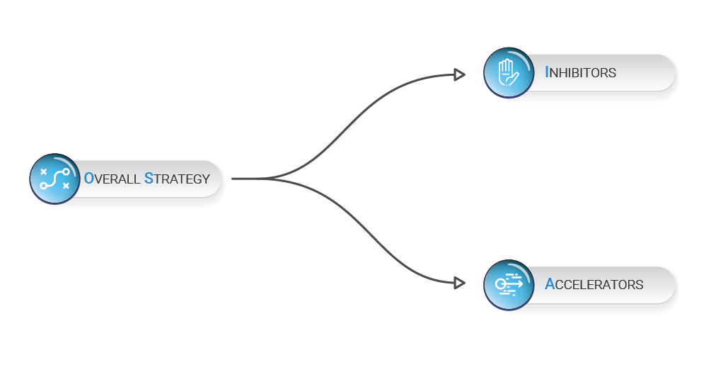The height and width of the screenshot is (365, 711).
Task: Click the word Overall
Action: [112, 179]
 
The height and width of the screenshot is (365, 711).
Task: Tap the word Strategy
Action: [177, 179]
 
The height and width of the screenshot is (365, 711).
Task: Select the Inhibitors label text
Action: [580, 72]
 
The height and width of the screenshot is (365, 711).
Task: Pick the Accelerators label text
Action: [594, 284]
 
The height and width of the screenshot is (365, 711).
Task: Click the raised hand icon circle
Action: [508, 72]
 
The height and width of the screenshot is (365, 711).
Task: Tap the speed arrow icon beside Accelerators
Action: [508, 285]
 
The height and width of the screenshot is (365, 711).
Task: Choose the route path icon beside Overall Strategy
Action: [55, 179]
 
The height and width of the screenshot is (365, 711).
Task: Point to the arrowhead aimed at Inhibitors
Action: [459, 74]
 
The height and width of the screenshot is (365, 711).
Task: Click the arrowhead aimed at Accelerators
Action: [459, 283]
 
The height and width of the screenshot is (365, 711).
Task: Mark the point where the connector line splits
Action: [262, 179]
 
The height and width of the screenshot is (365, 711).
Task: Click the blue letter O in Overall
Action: [89, 179]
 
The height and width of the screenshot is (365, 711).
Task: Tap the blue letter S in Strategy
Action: [149, 179]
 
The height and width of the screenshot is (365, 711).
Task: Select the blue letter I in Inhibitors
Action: [547, 72]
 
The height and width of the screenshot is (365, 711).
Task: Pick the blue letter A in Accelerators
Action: [550, 283]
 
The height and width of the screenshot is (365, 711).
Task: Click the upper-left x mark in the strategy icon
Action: [44, 172]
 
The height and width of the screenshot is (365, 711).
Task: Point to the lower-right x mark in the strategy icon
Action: [66, 186]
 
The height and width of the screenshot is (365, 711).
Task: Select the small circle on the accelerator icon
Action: [499, 284]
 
